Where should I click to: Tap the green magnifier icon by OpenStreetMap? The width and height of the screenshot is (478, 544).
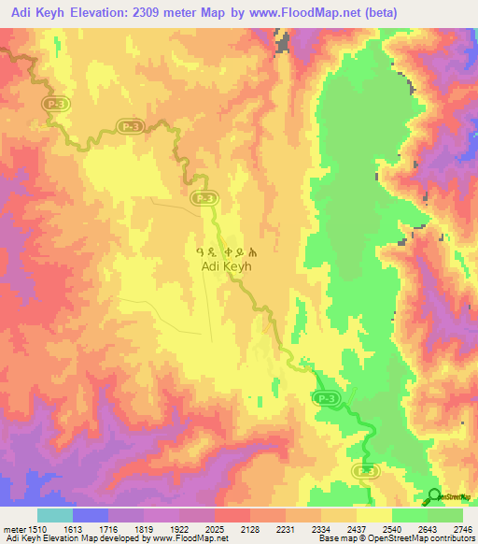[x=433, y=495]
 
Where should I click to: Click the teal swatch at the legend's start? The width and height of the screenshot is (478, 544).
[x=54, y=515]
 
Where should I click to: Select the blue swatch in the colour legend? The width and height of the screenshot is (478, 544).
[x=90, y=515]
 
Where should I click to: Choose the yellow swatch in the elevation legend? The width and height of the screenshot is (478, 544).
[x=373, y=515]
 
